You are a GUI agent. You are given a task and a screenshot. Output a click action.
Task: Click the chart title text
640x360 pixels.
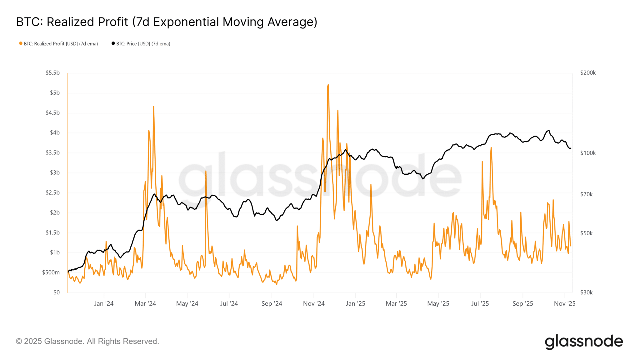tap(167, 22)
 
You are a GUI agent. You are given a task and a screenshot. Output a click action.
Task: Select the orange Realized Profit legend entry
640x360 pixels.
tap(58, 44)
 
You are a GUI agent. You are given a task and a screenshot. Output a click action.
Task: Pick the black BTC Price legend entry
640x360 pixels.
tap(141, 44)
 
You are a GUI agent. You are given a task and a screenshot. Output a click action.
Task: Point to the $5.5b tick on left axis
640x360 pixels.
tap(52, 73)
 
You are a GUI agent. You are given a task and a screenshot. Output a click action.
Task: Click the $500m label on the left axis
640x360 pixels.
tap(51, 272)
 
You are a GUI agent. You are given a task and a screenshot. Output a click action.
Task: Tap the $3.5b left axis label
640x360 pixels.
tap(52, 153)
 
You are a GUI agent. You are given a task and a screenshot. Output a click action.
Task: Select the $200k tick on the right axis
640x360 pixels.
tap(588, 73)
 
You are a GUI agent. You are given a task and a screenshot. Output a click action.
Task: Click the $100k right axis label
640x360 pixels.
tap(588, 153)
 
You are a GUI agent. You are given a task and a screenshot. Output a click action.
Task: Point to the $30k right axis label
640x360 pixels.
tap(586, 292)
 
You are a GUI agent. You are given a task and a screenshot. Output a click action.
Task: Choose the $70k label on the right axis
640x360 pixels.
tap(586, 194)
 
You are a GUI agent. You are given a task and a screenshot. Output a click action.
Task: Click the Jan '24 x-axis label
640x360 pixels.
tap(104, 304)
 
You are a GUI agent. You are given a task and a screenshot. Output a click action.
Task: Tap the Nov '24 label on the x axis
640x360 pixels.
tap(314, 304)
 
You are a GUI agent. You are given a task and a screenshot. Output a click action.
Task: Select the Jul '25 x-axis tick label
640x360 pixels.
tap(480, 304)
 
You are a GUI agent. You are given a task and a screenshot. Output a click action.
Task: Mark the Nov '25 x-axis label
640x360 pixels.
tap(564, 304)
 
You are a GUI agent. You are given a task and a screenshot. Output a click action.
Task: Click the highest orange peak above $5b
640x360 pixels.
tap(328, 85)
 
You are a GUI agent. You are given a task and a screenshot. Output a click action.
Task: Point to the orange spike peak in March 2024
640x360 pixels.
tap(153, 107)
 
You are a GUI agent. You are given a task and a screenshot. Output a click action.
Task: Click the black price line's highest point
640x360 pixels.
tap(549, 131)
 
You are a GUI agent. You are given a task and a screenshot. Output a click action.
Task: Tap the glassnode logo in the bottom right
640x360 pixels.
tap(584, 342)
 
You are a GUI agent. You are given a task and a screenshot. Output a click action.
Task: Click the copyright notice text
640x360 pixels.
tap(87, 341)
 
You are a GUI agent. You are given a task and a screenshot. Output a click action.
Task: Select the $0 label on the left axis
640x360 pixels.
tap(57, 292)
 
